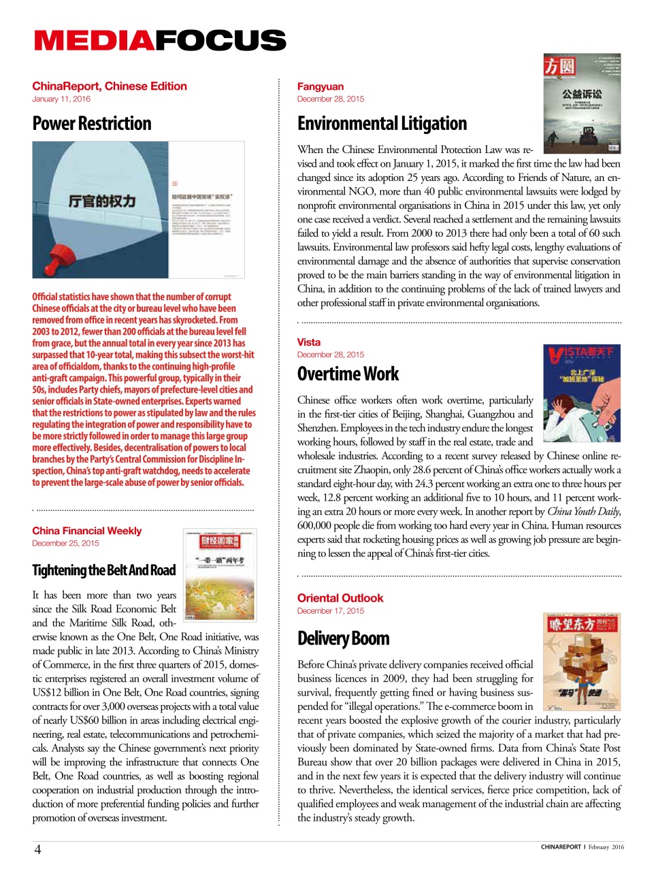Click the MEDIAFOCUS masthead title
(x=160, y=40)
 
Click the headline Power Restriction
(x=92, y=124)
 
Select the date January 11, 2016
(x=61, y=99)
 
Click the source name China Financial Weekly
(x=87, y=531)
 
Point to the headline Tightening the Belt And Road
(x=104, y=570)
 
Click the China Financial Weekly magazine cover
(x=220, y=575)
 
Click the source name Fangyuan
(x=321, y=86)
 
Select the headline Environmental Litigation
(x=382, y=124)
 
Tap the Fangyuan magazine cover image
(x=582, y=103)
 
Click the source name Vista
(x=309, y=342)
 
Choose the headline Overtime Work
(x=348, y=374)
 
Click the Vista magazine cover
(x=582, y=384)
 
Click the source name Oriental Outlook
(x=340, y=598)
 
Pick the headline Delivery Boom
(x=343, y=638)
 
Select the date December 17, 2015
(x=331, y=611)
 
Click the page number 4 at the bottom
(x=38, y=849)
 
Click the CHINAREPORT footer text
(x=561, y=847)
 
